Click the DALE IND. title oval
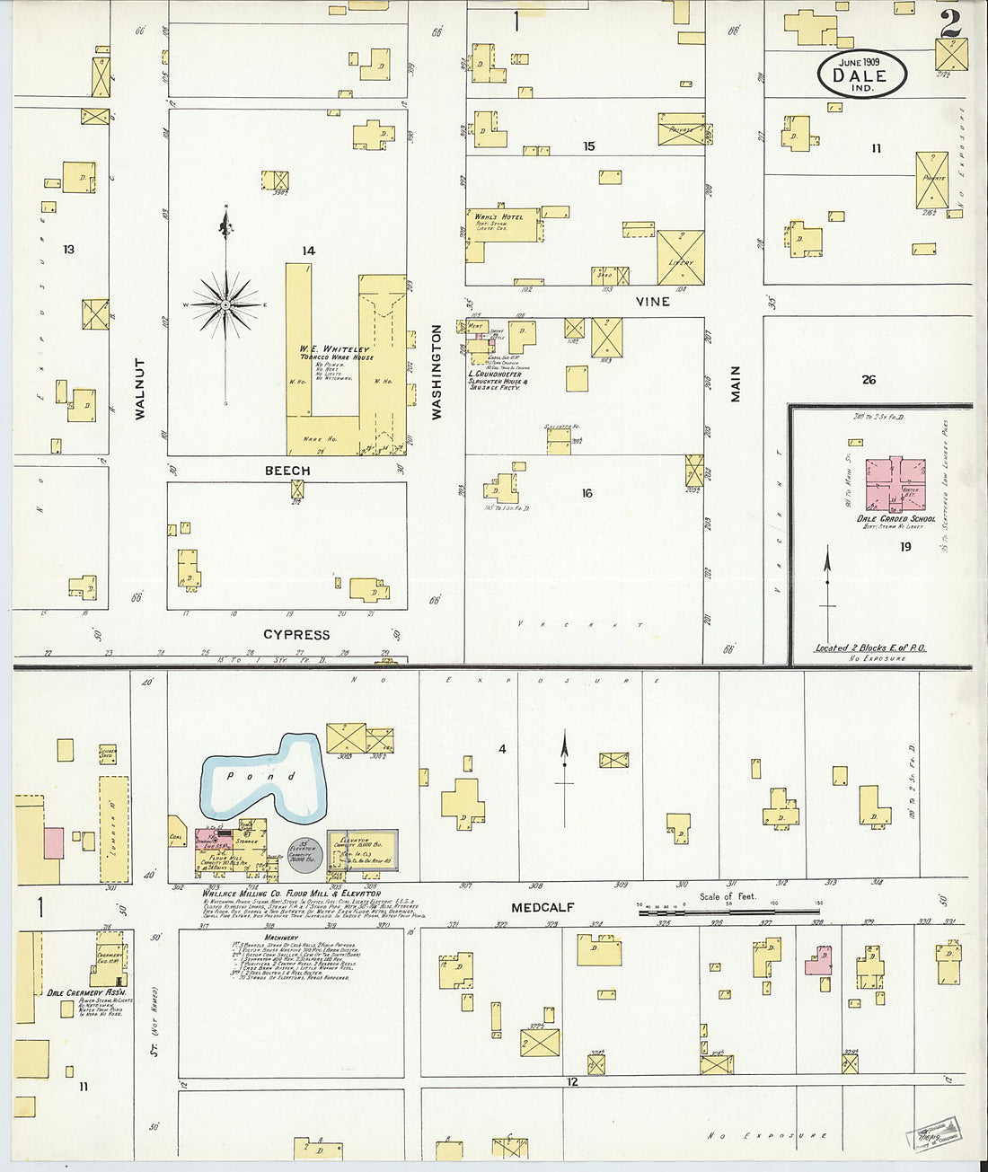pos(861,74)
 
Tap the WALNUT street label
pos(140,389)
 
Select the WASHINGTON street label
pos(437,372)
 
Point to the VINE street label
pos(652,302)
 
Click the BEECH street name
pos(287,471)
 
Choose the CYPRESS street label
pos(296,634)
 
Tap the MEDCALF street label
pos(542,907)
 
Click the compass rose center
pos(225,305)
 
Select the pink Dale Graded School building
pos(895,484)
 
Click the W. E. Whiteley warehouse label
pos(335,349)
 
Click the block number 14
pos(308,251)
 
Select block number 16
pos(587,493)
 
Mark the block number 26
pos(869,380)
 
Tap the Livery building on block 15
pos(680,257)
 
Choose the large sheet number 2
pos(950,24)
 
